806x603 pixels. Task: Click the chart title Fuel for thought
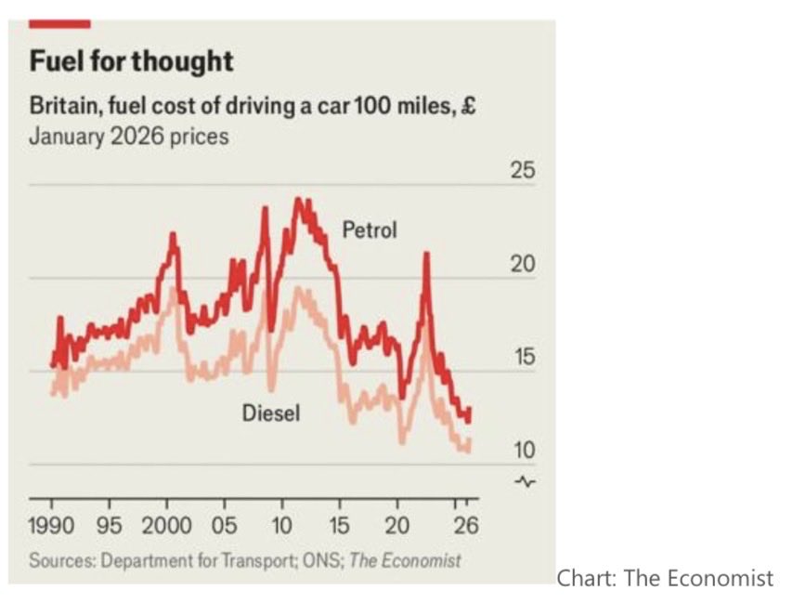click(131, 62)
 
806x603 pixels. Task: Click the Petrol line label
click(370, 229)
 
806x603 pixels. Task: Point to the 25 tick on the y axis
click(524, 172)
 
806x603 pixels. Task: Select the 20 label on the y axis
click(524, 265)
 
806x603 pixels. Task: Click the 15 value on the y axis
click(524, 358)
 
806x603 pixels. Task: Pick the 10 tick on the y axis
click(524, 451)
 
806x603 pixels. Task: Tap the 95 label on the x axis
click(110, 526)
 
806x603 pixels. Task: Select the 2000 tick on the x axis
click(167, 526)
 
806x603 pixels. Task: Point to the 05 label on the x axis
click(224, 526)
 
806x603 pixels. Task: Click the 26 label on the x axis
click(467, 526)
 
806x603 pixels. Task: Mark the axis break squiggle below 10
click(526, 481)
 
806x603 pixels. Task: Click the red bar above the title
click(60, 23)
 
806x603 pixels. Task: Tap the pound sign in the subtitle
click(469, 107)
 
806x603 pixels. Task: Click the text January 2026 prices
click(128, 137)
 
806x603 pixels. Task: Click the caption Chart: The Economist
click(664, 579)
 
